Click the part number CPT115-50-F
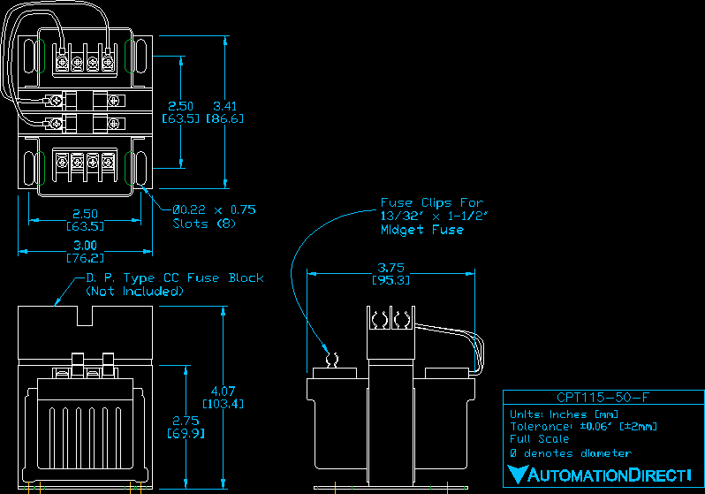pos(602,398)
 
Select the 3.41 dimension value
pos(224,106)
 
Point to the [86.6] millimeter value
pos(224,118)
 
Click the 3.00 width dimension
pos(85,245)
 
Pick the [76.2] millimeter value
pos(85,258)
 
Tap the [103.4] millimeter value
pos(224,403)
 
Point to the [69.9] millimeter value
pos(186,434)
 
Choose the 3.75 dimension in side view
pos(392,267)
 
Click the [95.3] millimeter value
pos(392,280)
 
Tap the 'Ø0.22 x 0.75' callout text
pos(214,209)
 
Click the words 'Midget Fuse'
pos(421,230)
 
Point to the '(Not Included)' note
pos(134,291)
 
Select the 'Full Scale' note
pos(539,439)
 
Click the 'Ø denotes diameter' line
pos(570,452)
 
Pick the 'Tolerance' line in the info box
pos(583,426)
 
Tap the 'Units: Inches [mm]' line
pos(564,414)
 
